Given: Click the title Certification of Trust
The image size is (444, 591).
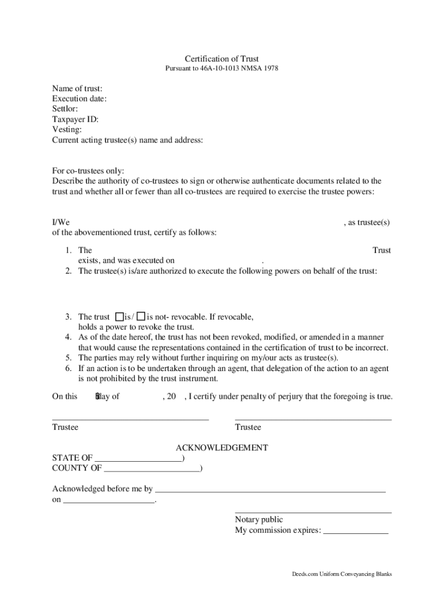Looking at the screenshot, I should click(x=221, y=59).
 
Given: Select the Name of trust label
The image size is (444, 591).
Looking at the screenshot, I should click(x=77, y=88).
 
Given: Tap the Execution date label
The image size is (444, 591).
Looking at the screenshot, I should click(x=80, y=99).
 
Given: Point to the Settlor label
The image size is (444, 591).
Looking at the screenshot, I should click(x=65, y=109).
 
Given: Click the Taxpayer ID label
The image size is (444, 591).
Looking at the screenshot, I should click(x=76, y=119).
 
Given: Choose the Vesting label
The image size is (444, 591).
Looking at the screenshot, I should click(x=67, y=130).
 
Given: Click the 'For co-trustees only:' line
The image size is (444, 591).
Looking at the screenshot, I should click(x=88, y=171).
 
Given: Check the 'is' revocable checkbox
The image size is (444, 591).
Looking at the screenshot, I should click(x=119, y=317).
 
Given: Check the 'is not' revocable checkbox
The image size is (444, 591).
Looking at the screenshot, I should click(x=141, y=317).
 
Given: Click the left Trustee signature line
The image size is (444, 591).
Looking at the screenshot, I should click(x=130, y=418).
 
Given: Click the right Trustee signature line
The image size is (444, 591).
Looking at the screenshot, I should click(x=313, y=418).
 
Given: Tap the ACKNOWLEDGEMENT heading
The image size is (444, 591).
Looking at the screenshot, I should click(x=221, y=447).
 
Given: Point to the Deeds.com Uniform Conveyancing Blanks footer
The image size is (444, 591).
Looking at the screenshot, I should click(x=341, y=575).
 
